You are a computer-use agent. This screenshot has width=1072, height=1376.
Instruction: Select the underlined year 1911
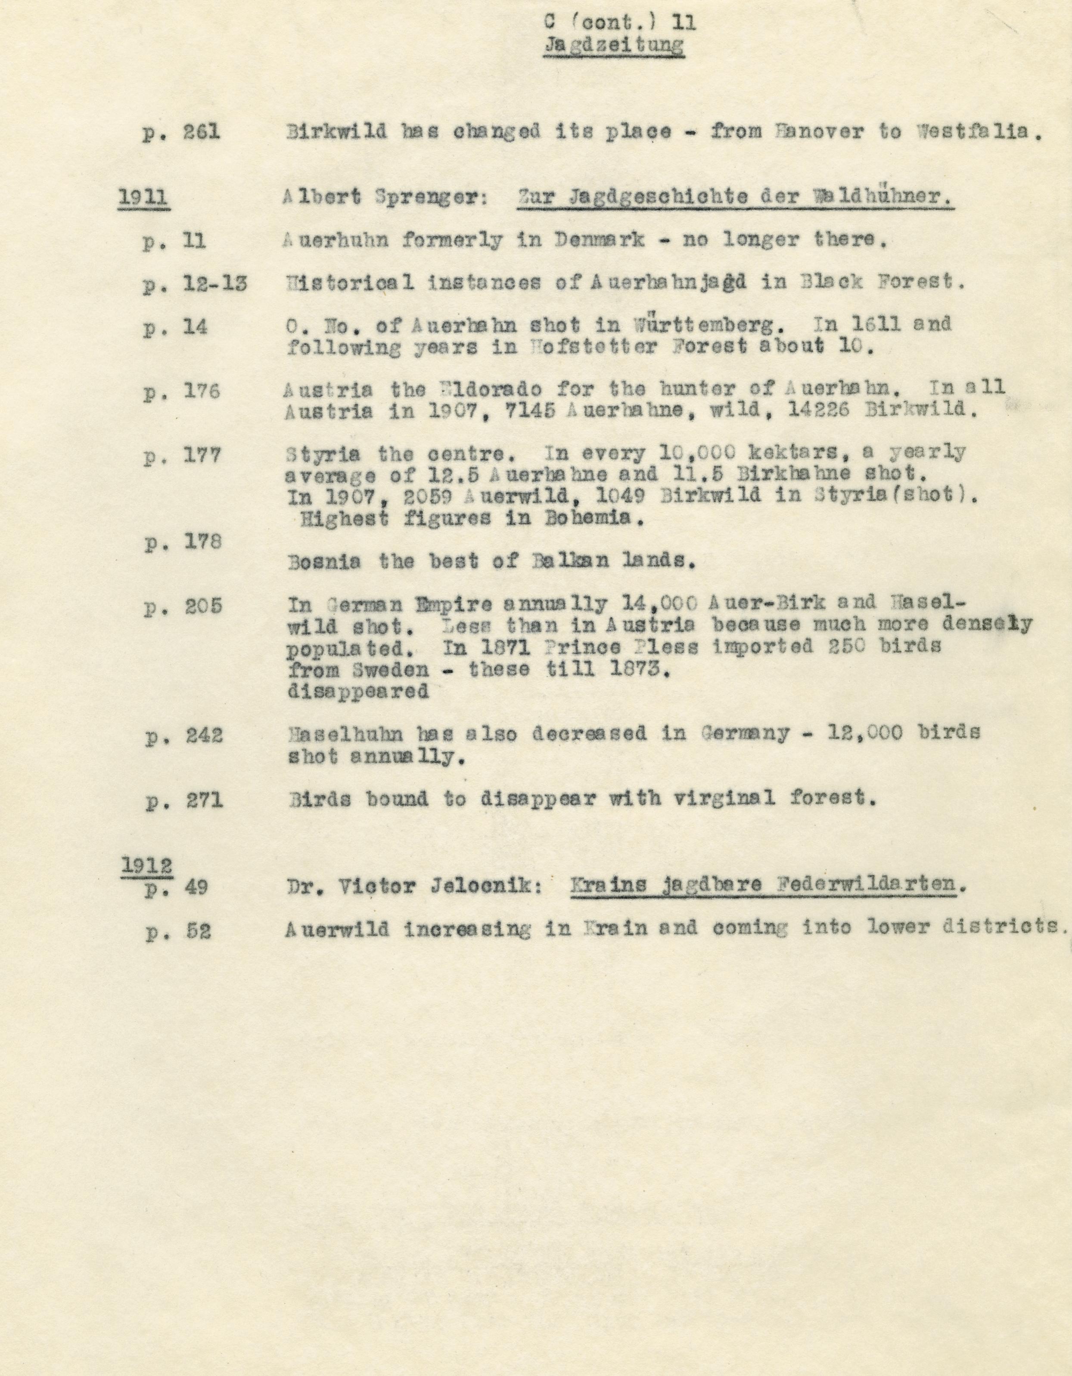[143, 197]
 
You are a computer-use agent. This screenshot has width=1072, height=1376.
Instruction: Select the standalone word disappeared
[358, 691]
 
